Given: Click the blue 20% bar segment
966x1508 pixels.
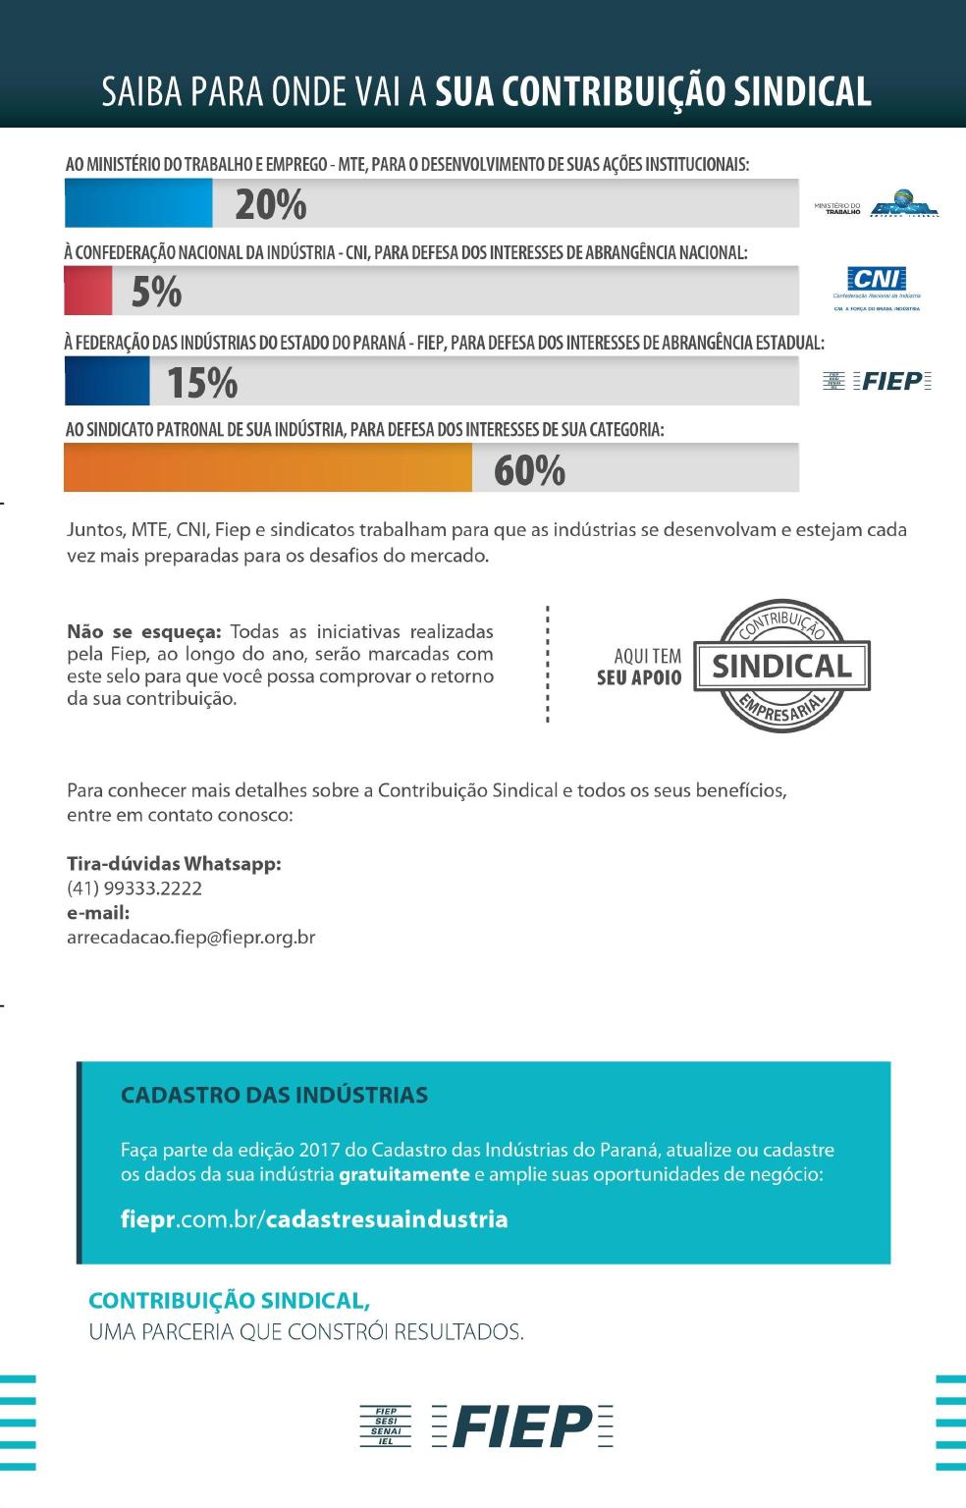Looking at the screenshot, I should pyautogui.click(x=137, y=204).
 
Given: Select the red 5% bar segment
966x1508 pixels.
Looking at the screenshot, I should pyautogui.click(x=88, y=292).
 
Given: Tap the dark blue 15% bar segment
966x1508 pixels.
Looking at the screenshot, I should pyautogui.click(x=107, y=381).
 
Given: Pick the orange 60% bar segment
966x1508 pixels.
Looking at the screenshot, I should pyautogui.click(x=267, y=468).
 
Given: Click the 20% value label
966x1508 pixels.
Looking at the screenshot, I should pyautogui.click(x=271, y=205).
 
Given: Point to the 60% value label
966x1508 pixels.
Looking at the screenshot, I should pyautogui.click(x=529, y=471).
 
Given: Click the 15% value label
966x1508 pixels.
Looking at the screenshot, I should pyautogui.click(x=202, y=383).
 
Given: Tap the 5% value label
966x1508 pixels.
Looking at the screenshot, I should pyautogui.click(x=157, y=293).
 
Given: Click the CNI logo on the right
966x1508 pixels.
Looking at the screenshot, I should pyautogui.click(x=876, y=288).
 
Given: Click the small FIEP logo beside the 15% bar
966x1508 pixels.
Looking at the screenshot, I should pyautogui.click(x=877, y=381).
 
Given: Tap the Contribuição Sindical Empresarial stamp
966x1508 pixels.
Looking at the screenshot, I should pyautogui.click(x=782, y=666).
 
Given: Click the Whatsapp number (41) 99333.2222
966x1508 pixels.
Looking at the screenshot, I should pyautogui.click(x=134, y=889).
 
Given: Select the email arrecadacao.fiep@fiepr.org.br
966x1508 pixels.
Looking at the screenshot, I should pyautogui.click(x=190, y=937).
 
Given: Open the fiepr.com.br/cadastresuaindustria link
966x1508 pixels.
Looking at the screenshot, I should pyautogui.click(x=314, y=1219).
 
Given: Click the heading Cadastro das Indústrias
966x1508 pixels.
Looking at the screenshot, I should pyautogui.click(x=274, y=1095).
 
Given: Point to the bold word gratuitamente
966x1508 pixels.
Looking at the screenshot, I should pyautogui.click(x=404, y=1175).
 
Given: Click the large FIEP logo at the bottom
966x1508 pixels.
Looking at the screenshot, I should pyautogui.click(x=487, y=1426).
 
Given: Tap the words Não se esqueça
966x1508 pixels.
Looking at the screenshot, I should pyautogui.click(x=144, y=631).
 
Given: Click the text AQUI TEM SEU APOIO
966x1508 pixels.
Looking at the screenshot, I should pyautogui.click(x=639, y=667).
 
